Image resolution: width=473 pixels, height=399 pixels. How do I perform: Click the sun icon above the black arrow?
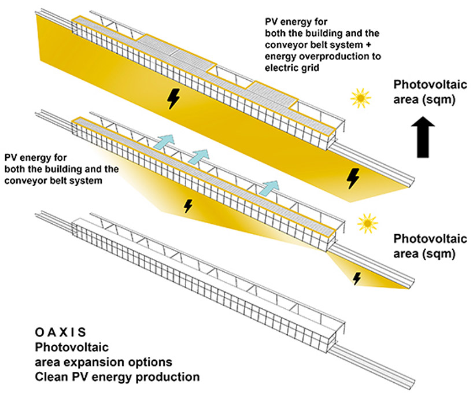360,98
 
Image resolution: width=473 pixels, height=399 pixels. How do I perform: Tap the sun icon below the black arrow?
367,223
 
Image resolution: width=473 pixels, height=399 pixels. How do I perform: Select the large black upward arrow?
423,137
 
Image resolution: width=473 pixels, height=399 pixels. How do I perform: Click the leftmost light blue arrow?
164,142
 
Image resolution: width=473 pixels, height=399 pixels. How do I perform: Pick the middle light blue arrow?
198,157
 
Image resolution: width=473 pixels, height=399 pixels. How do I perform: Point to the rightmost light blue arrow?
269,188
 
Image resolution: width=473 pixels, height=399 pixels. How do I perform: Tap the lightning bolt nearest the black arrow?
353,178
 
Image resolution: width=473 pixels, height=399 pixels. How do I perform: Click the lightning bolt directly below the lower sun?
357,279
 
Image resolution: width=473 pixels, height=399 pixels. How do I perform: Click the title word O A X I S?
60,332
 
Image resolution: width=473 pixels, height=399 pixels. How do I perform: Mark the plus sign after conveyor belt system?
368,45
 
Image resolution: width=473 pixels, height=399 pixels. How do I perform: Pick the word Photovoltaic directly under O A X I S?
72,347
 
